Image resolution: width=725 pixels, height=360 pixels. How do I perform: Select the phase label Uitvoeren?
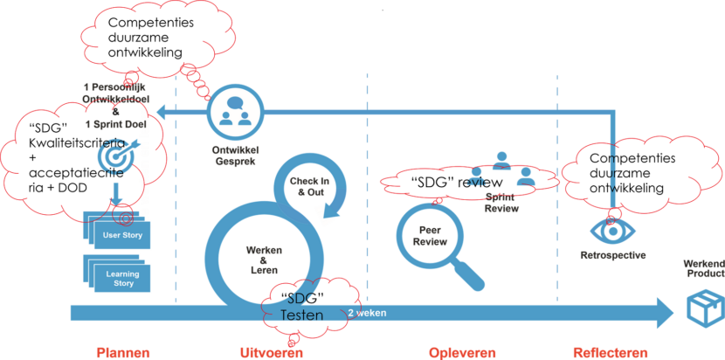click(x=271, y=352)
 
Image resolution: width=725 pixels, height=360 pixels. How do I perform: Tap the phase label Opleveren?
click(x=462, y=352)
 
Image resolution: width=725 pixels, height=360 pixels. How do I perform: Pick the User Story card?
click(x=122, y=235)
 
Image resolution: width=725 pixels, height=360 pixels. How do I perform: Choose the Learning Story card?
click(x=122, y=277)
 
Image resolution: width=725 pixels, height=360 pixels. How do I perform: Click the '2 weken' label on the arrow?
click(x=368, y=312)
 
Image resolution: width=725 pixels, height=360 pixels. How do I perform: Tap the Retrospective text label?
click(x=612, y=255)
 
